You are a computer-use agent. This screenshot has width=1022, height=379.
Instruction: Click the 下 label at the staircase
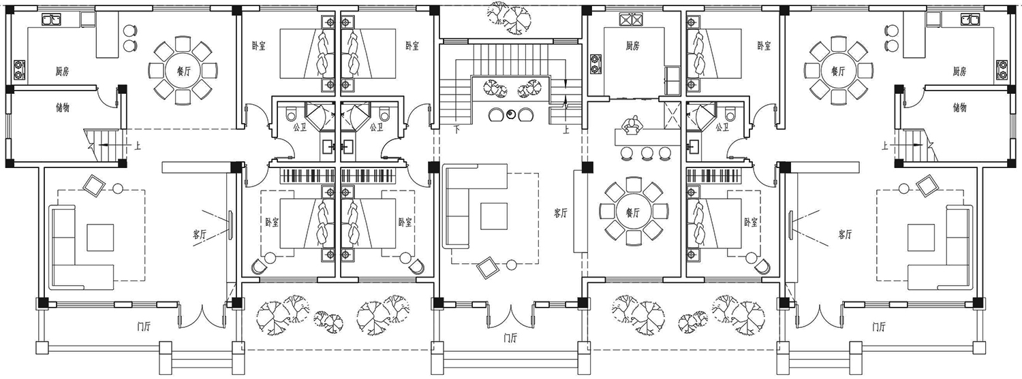pyautogui.click(x=456, y=130)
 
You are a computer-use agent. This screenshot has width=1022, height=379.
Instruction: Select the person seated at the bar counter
pyautogui.click(x=632, y=126)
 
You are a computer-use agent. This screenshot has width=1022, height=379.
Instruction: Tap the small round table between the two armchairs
pyautogui.click(x=510, y=114)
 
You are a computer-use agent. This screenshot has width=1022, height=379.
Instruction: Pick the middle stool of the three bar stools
pyautogui.click(x=647, y=154)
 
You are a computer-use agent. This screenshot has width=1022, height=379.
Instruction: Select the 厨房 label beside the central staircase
pyautogui.click(x=632, y=46)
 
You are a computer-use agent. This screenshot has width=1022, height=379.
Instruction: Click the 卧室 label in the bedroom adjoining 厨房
pyautogui.click(x=764, y=46)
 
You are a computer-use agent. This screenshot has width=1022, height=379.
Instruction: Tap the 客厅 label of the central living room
pyautogui.click(x=561, y=213)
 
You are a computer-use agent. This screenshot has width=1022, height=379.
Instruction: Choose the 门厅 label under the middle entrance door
pyautogui.click(x=510, y=338)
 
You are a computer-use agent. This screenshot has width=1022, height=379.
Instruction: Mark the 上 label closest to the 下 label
pyautogui.click(x=566, y=130)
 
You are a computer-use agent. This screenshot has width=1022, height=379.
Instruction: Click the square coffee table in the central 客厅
pyautogui.click(x=494, y=216)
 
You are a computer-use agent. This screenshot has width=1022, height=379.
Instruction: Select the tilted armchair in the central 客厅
pyautogui.click(x=487, y=268)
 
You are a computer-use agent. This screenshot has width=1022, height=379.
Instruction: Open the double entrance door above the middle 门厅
pyautogui.click(x=510, y=314)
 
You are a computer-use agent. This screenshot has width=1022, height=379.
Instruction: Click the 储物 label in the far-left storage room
pyautogui.click(x=62, y=108)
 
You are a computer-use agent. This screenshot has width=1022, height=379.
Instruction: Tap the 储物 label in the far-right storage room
pyautogui.click(x=959, y=108)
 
